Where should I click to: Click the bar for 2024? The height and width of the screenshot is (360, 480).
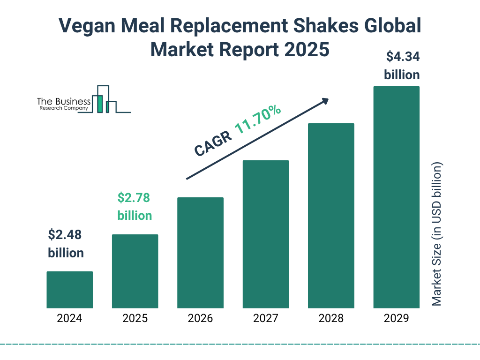click(69, 290)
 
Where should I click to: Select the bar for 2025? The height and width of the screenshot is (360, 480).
click(135, 271)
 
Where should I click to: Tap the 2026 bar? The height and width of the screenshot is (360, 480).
click(200, 253)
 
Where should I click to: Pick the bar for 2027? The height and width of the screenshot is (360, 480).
click(265, 234)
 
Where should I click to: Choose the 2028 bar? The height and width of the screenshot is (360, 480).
click(331, 216)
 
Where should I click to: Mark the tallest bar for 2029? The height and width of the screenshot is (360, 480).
click(396, 197)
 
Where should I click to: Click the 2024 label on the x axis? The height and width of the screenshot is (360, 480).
click(69, 319)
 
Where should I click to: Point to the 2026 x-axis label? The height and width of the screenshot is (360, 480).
click(200, 319)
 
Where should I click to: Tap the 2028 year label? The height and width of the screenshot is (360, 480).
click(331, 319)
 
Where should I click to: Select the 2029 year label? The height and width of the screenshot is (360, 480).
click(396, 319)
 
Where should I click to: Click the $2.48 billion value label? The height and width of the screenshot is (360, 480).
click(66, 244)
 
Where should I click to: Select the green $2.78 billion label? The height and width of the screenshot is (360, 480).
click(135, 207)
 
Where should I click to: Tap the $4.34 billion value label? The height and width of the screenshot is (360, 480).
click(402, 66)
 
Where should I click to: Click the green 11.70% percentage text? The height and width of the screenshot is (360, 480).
click(258, 120)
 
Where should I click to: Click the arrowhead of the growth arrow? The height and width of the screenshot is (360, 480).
click(325, 101)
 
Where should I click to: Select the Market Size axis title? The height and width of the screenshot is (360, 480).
click(437, 234)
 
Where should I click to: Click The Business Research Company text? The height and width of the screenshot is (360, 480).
click(64, 105)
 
